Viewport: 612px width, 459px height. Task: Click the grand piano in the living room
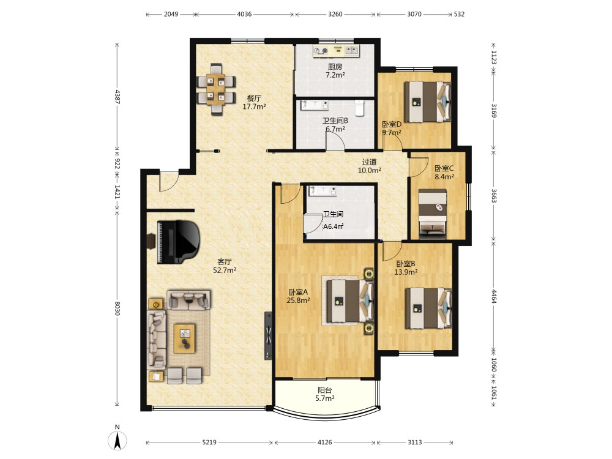(178, 242)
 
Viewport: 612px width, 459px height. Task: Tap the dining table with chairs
(216, 89)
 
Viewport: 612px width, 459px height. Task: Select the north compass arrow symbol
(117, 441)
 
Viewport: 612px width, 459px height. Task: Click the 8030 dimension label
(117, 308)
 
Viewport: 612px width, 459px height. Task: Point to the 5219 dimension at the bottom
(209, 442)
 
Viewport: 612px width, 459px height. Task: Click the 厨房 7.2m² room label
(335, 71)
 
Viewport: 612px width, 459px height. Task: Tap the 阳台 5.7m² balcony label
(325, 394)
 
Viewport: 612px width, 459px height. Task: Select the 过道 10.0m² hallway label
(369, 166)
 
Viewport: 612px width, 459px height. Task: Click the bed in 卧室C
(433, 214)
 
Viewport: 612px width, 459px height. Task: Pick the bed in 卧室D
(427, 102)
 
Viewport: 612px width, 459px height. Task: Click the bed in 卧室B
(428, 308)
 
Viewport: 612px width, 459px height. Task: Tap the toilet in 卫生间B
(359, 108)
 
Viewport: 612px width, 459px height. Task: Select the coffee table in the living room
(185, 338)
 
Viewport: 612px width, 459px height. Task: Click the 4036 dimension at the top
(244, 14)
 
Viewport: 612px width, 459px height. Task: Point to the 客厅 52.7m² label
(225, 266)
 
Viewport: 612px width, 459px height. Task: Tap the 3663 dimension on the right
(493, 196)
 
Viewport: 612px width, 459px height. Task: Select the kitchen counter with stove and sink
(336, 50)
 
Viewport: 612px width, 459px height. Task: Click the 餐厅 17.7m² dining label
(254, 102)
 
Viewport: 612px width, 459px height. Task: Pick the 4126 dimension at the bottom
(325, 442)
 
